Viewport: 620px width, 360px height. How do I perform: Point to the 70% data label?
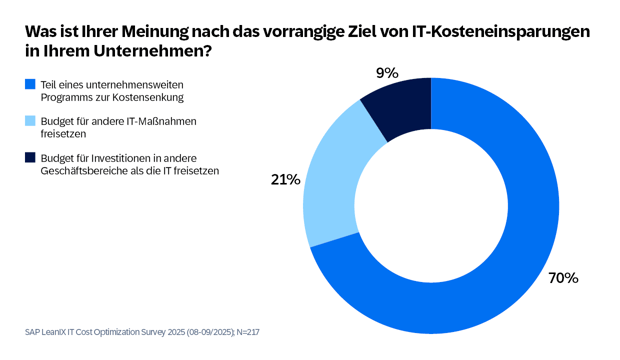click(563, 277)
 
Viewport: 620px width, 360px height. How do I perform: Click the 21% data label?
click(285, 180)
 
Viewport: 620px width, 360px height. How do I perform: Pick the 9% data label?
click(387, 72)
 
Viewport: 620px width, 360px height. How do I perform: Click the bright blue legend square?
click(30, 84)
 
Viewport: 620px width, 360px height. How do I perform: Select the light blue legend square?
click(30, 121)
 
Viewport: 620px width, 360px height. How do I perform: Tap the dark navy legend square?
click(30, 157)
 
